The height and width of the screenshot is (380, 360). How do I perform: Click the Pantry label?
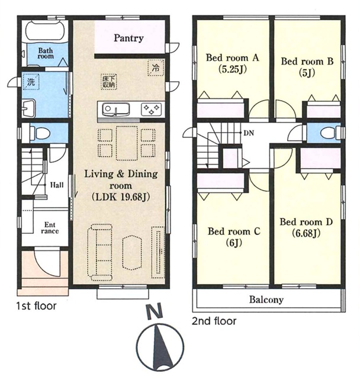click(x=128, y=38)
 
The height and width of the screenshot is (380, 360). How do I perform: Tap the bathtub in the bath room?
click(x=46, y=31)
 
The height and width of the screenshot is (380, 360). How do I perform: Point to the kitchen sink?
click(x=116, y=110)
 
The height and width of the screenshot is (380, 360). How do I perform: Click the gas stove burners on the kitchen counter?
click(x=152, y=110)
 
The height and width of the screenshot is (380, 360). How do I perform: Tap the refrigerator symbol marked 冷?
click(x=155, y=67)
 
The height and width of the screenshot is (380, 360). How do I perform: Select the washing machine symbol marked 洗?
click(x=31, y=82)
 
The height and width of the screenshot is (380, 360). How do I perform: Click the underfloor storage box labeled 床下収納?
click(x=109, y=82)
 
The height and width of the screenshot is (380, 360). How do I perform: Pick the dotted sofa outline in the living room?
click(x=100, y=252)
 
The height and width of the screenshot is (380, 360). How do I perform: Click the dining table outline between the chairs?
click(x=127, y=143)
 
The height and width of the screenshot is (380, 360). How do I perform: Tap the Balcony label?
click(x=266, y=300)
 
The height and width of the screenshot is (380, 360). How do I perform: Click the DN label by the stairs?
click(x=249, y=133)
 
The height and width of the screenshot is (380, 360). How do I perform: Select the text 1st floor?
click(x=36, y=306)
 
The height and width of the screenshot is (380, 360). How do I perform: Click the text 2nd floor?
click(x=214, y=321)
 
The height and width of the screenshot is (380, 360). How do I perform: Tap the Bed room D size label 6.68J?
click(x=306, y=233)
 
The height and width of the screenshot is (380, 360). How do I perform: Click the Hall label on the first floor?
click(x=57, y=185)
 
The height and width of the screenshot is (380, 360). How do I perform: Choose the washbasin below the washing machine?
click(x=28, y=108)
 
